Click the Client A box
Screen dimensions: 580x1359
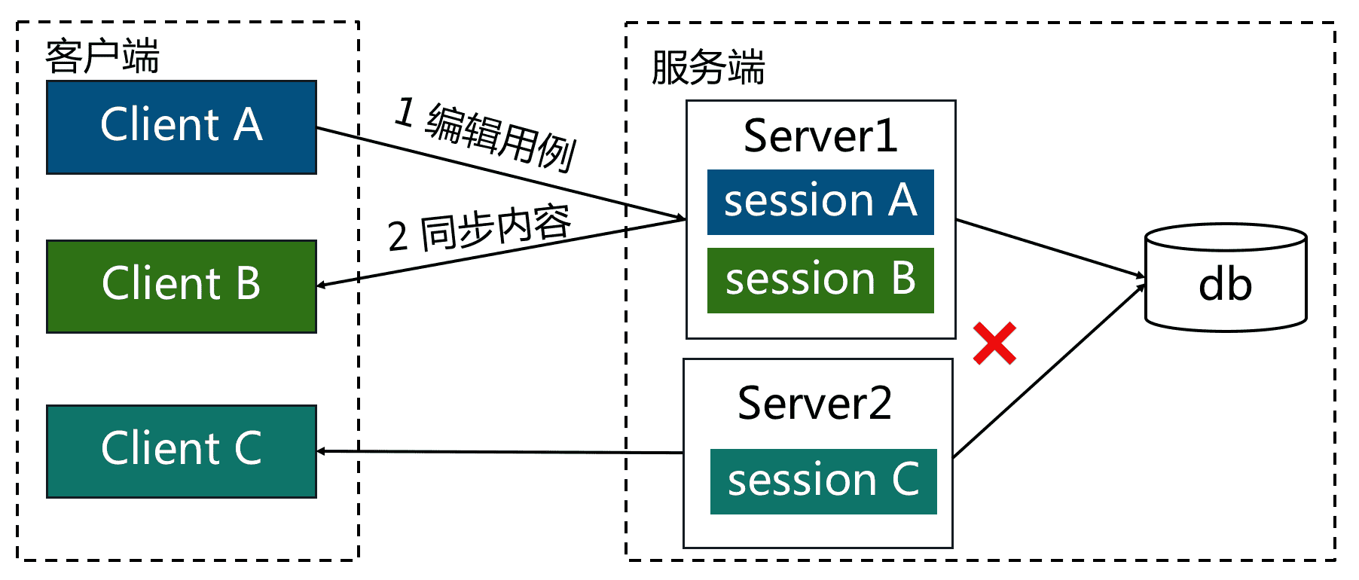point(181,127)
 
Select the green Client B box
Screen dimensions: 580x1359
point(181,286)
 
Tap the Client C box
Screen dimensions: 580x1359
point(181,451)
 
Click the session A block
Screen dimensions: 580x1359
point(820,202)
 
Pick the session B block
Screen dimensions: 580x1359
point(820,280)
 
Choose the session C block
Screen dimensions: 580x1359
point(823,481)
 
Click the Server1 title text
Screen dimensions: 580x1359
point(820,136)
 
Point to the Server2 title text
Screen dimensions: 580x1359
point(814,403)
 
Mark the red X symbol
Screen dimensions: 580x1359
point(994,343)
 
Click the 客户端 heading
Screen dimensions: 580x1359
point(102,56)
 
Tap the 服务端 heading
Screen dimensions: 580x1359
point(707,67)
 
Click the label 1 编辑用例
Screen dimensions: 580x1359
point(486,134)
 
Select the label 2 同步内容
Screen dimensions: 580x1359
point(479,229)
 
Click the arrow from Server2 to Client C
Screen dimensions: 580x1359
point(497,452)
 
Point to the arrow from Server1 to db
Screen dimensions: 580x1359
point(1047,248)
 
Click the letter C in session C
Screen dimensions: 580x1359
point(905,480)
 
